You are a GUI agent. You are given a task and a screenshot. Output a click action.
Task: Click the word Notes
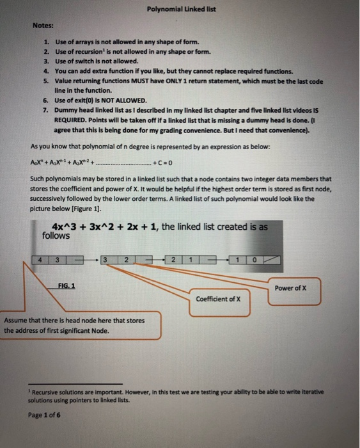[x=43, y=26]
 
